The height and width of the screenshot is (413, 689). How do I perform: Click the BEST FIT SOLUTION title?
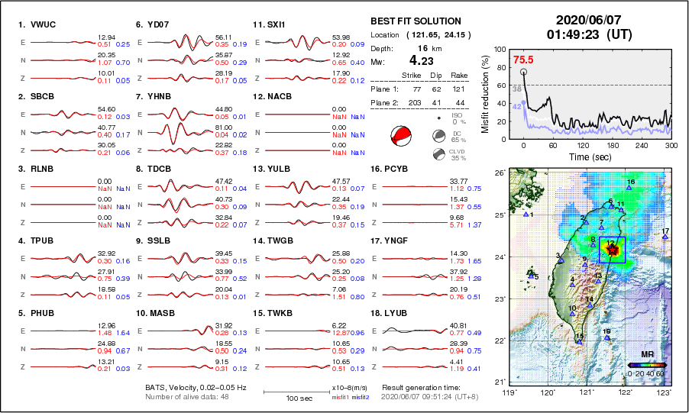click(416, 21)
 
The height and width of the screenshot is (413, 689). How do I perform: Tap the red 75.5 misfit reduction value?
click(523, 60)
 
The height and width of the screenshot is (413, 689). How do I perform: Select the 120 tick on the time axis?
click(583, 145)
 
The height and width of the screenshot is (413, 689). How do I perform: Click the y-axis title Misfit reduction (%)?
click(485, 93)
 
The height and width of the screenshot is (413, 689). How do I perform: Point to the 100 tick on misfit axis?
click(500, 49)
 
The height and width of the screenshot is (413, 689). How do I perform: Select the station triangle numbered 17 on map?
click(665, 237)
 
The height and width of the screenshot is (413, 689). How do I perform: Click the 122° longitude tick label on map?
click(626, 392)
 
